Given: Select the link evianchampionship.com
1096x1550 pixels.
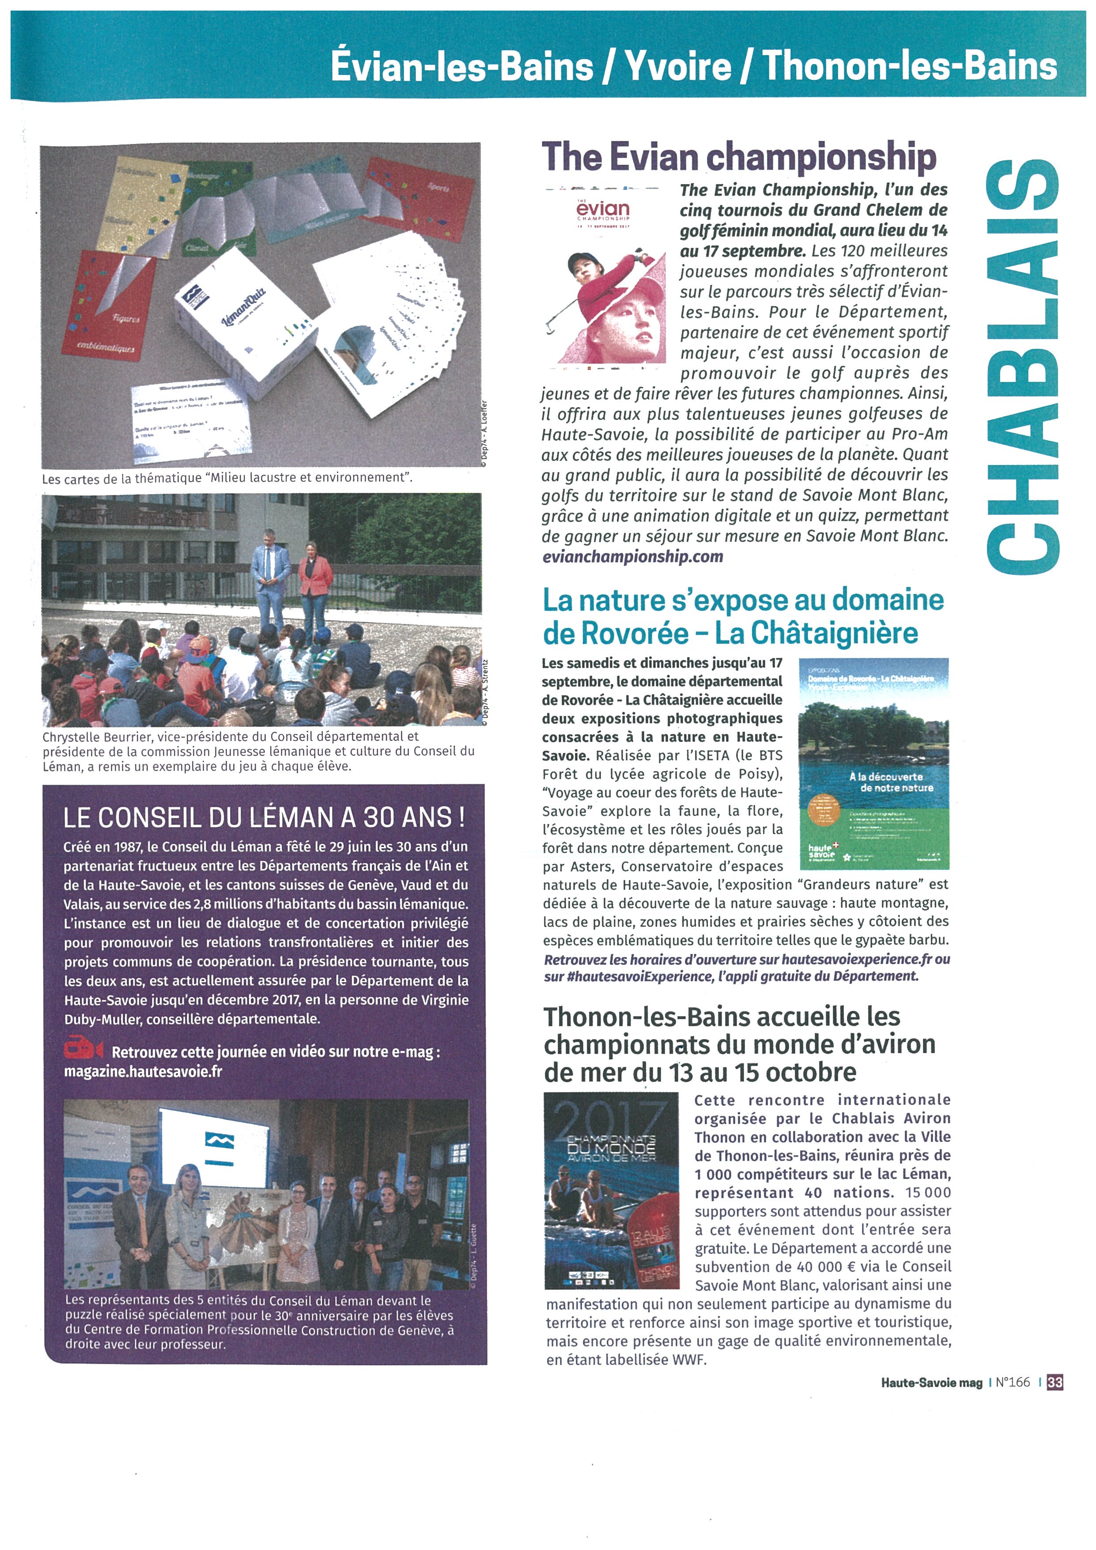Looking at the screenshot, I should pos(632,557).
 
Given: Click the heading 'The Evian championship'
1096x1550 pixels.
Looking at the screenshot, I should pos(739,157).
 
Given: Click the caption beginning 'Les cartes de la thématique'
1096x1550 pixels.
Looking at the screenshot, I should pos(227,478).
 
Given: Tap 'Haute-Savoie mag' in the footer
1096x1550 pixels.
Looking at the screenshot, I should pos(931,1383).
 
